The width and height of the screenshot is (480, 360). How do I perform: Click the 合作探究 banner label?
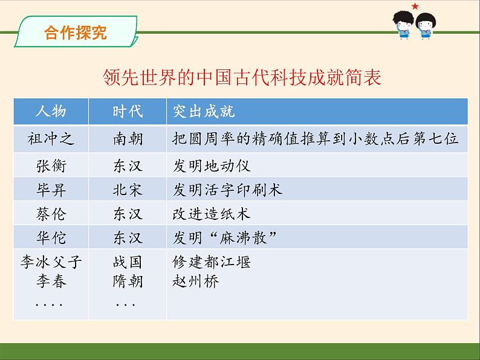point(76,33)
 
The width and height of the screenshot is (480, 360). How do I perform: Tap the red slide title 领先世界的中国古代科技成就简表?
point(242,78)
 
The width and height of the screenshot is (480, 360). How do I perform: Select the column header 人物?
point(51,112)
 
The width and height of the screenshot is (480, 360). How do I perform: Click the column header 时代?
point(128,112)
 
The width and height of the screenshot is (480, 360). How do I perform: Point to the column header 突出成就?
point(204,112)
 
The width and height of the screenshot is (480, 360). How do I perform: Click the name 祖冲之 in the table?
point(51,139)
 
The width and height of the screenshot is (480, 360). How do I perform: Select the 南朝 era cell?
point(128,139)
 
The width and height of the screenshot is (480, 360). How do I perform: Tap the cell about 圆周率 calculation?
point(316,139)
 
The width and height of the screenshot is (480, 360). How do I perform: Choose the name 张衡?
point(51,165)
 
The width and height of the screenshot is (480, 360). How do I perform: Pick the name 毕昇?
point(51,190)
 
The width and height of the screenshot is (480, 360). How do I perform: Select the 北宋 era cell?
point(128,190)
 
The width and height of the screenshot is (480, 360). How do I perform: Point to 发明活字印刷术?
point(227,190)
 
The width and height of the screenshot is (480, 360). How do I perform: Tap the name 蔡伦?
point(51,214)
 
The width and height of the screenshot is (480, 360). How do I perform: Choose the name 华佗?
point(51,237)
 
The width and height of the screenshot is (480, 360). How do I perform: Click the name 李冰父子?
point(51,263)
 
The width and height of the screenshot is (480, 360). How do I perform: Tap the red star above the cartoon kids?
point(415,7)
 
